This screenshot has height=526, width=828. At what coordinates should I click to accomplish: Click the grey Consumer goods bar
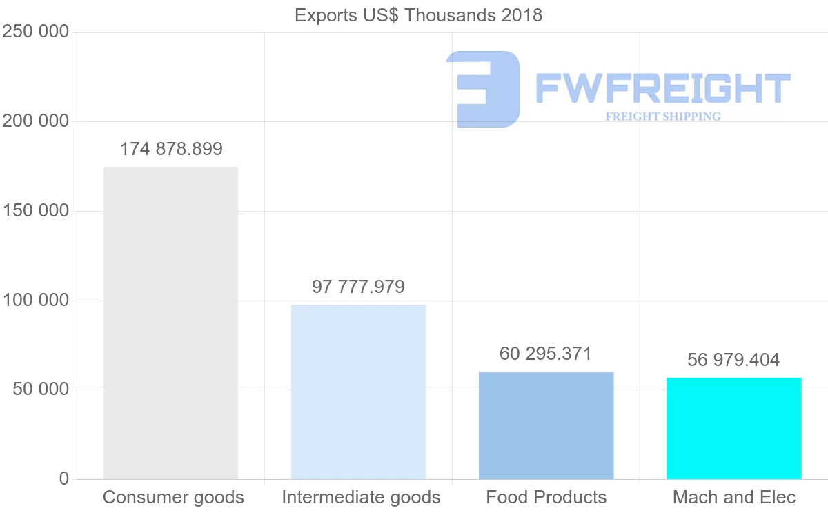170,323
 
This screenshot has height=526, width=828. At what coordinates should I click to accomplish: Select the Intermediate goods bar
358,392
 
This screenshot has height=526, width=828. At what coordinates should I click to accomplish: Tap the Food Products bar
546,425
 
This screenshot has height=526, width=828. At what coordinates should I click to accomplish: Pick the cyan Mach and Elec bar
733,428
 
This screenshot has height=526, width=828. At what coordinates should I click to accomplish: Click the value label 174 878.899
171,149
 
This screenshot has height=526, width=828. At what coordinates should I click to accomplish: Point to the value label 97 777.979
358,287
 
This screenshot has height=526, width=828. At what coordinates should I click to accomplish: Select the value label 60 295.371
546,354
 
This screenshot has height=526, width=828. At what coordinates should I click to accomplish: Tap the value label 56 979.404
733,360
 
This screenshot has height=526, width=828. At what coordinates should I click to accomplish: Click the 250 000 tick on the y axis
36,32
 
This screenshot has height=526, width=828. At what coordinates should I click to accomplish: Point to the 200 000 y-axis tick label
36,121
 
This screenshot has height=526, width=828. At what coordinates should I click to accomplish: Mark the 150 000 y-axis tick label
36,211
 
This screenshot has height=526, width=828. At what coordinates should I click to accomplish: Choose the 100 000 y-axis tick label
36,301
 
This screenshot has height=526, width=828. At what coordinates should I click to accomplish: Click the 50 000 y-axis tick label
41,390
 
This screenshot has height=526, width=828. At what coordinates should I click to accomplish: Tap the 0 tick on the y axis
64,478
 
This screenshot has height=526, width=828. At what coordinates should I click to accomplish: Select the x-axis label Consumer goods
173,497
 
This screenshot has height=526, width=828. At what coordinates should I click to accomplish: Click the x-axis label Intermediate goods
361,497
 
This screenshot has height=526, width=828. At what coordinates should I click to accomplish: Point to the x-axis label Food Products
546,497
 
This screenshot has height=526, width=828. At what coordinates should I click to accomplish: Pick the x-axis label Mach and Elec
734,497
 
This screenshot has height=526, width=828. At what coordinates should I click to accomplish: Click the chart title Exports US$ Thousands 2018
418,15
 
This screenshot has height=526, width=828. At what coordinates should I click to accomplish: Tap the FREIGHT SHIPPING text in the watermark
663,117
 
